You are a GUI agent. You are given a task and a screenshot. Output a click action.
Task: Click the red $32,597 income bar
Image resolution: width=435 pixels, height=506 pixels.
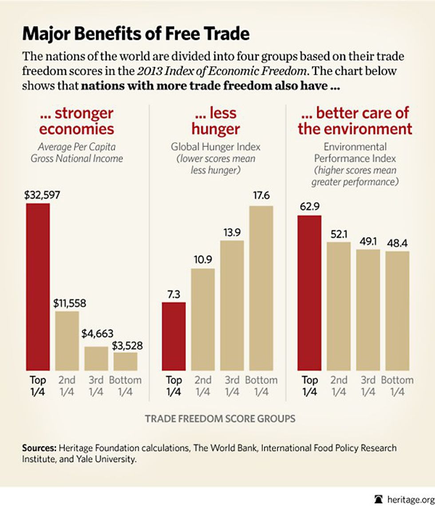(38, 287)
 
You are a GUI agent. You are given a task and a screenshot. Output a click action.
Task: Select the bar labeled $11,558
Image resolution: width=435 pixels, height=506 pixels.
(67, 341)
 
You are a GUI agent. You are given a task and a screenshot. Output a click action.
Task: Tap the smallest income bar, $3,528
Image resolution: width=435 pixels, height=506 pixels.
(125, 361)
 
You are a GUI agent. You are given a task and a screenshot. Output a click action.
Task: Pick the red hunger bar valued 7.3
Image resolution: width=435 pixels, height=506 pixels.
(174, 336)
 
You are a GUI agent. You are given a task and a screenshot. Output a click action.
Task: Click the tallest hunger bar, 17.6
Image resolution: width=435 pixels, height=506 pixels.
(261, 288)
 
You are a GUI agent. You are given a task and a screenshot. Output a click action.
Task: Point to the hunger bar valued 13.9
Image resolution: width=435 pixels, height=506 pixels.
(232, 305)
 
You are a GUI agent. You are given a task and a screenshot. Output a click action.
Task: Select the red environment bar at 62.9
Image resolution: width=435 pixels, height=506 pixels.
(309, 293)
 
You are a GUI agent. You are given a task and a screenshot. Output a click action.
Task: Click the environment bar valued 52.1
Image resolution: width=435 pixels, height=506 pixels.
(339, 306)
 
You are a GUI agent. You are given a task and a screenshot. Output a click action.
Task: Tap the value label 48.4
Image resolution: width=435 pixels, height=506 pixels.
(397, 243)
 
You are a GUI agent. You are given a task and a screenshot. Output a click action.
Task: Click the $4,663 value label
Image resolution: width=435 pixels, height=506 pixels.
(98, 333)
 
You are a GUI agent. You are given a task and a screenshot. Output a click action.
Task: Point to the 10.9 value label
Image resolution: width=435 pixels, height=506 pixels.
(203, 260)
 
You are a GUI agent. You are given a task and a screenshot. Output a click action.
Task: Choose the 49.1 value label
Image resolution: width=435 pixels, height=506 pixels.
(368, 241)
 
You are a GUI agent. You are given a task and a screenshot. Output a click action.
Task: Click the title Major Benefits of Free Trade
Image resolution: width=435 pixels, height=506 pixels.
(136, 34)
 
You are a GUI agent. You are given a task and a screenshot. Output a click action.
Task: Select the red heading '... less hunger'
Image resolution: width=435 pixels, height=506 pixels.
(216, 121)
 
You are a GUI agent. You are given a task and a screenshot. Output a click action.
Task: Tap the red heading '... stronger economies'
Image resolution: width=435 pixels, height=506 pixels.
(76, 121)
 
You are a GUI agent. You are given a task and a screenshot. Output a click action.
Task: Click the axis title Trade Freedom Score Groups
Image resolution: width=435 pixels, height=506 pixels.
(220, 419)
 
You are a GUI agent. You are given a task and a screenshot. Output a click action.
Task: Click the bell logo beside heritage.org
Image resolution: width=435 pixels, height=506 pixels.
(379, 499)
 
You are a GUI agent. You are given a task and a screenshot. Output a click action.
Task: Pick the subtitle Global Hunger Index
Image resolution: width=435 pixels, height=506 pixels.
(216, 147)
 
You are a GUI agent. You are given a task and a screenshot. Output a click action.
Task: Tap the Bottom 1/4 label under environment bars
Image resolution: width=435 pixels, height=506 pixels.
(397, 386)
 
